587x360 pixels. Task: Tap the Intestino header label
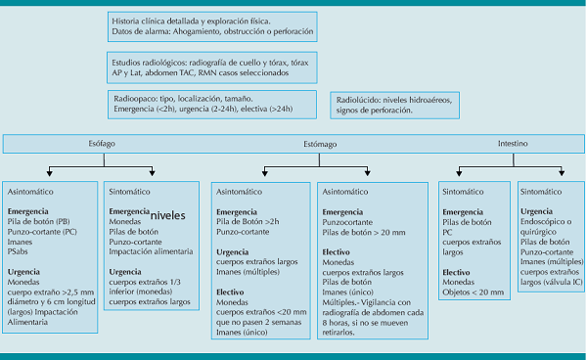(x=513, y=143)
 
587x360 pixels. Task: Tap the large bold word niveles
(x=176, y=214)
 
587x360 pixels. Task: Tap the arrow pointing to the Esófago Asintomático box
(x=49, y=170)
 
